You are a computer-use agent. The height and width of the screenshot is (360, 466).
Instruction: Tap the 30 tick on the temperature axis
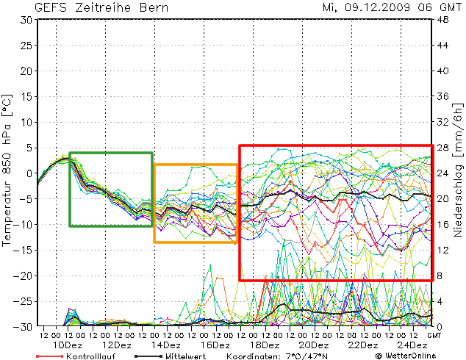[26, 20]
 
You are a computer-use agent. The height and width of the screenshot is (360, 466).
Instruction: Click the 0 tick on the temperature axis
[29, 173]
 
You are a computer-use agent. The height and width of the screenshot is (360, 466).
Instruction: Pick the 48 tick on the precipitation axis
[443, 20]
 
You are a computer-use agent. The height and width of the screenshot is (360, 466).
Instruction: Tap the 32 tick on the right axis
[443, 122]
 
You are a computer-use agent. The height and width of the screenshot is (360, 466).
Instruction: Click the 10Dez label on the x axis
[68, 345]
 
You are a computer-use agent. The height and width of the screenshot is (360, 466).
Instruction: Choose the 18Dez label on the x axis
[264, 345]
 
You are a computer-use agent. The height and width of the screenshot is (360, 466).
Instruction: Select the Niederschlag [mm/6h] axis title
[457, 173]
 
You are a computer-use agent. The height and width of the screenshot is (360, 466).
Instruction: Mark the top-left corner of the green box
[70, 153]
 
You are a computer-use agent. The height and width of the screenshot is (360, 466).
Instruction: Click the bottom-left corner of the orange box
[154, 242]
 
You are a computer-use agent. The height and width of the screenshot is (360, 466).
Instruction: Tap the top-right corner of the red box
[431, 145]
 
